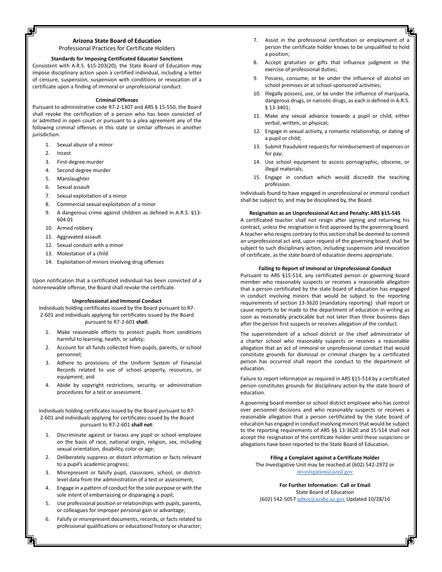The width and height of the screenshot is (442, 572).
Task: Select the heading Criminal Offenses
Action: (117, 100)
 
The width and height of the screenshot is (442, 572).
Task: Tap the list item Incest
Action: (64, 153)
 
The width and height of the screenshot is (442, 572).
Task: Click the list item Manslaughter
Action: (73, 179)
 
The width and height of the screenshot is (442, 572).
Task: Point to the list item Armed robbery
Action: (74, 228)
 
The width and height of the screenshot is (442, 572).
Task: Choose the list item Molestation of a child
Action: (82, 253)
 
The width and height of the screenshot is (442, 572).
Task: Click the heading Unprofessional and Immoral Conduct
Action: (117, 301)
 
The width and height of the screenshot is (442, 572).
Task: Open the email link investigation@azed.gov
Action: (325, 472)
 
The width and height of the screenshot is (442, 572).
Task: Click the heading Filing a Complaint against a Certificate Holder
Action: (325, 458)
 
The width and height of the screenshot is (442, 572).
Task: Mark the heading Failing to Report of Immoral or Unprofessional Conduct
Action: (325, 268)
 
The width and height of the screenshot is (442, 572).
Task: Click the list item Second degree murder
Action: (83, 170)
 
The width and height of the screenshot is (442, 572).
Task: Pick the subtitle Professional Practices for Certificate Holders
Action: (117, 48)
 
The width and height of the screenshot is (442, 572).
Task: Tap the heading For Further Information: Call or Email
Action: (325, 485)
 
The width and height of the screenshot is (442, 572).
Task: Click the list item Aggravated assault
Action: (79, 237)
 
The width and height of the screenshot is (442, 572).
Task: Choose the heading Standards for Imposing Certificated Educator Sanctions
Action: (117, 59)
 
